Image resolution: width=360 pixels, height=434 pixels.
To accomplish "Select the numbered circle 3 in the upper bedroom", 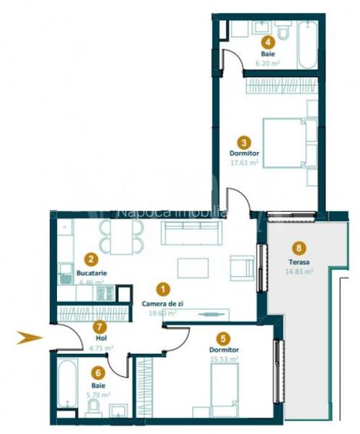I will [x=244, y=142].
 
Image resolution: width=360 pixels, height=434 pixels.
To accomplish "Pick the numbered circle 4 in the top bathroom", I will [x=267, y=43].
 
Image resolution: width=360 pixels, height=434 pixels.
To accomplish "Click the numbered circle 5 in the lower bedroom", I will [x=223, y=337].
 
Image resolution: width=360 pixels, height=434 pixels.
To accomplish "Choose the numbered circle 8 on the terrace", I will [x=299, y=248].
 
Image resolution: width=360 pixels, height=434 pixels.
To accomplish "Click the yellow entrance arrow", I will [x=30, y=336].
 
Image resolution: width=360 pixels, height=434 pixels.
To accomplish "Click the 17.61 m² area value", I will [x=244, y=163].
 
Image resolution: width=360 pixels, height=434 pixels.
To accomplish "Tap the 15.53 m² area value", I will [x=223, y=358].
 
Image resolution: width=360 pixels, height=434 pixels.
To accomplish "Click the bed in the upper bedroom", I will [x=290, y=143].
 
